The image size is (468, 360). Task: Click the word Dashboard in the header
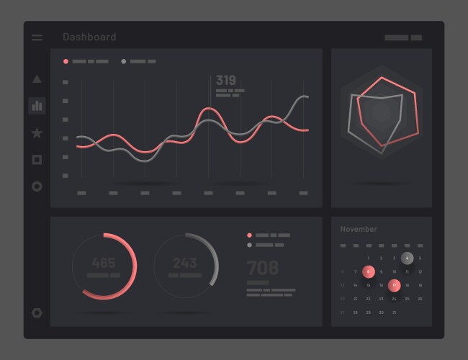click(89, 37)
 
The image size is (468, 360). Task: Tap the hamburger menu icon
click(37, 37)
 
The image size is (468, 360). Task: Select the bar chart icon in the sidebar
click(37, 106)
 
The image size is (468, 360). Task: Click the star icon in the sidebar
click(37, 132)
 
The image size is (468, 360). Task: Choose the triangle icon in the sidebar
click(37, 79)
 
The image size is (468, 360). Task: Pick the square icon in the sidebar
click(37, 159)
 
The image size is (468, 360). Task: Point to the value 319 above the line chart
click(226, 81)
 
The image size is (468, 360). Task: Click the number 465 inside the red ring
click(104, 263)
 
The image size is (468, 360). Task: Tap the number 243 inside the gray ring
click(185, 263)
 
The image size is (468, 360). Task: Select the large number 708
click(263, 268)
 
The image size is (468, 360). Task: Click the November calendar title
click(359, 229)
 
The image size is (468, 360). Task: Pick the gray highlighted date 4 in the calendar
click(408, 258)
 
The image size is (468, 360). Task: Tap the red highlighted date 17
click(394, 285)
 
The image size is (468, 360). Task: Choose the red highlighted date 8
click(369, 271)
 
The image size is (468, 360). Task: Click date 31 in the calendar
click(394, 312)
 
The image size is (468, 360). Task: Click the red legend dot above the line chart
click(66, 62)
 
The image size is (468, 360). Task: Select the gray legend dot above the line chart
click(124, 62)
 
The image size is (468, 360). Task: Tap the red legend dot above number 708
click(250, 235)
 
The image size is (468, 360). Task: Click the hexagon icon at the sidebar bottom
click(37, 313)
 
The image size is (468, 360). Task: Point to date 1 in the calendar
click(369, 258)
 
